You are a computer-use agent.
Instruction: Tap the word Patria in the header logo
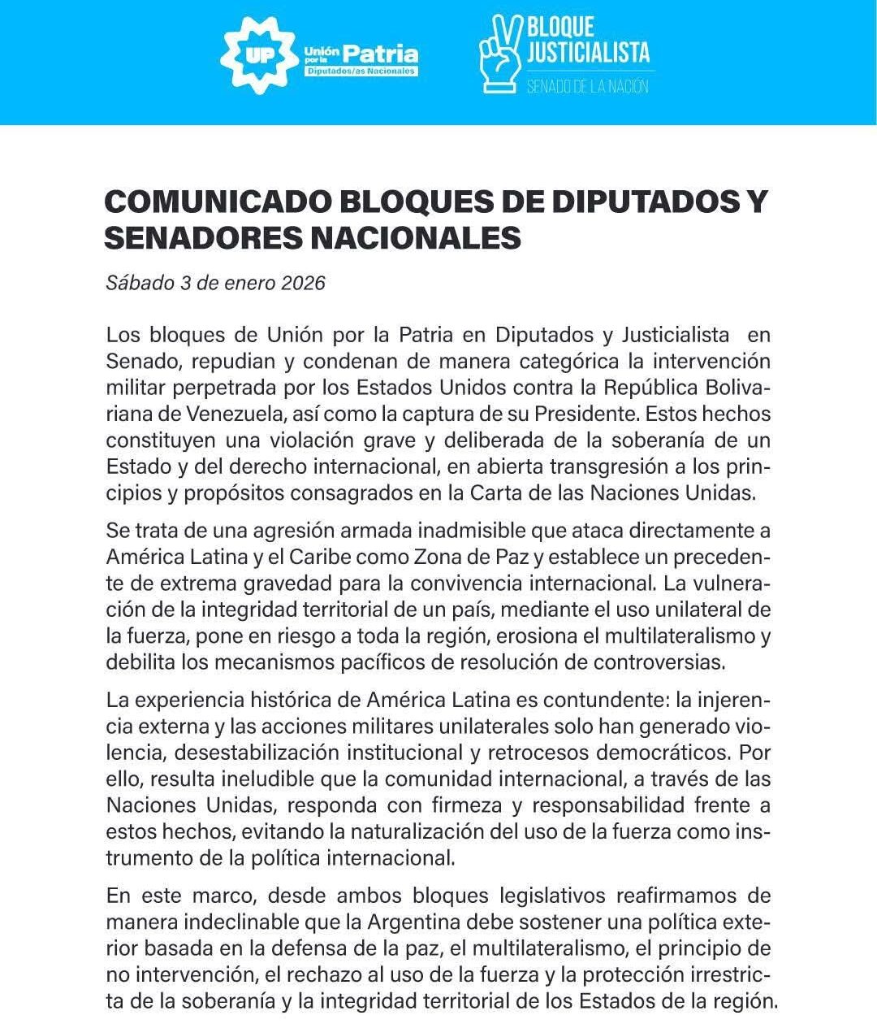click(380, 54)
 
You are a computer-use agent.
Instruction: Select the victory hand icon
click(500, 54)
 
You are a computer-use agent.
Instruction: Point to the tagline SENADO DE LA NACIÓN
click(587, 86)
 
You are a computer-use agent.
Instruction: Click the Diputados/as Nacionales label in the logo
click(361, 72)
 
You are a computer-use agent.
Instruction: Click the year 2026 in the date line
click(303, 283)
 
